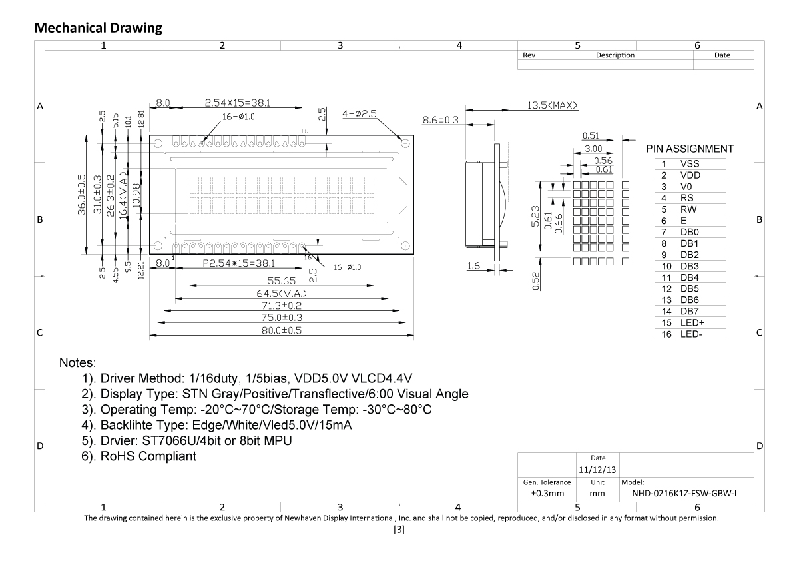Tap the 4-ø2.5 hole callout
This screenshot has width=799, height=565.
(x=360, y=114)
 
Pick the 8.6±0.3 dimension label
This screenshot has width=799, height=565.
(x=441, y=121)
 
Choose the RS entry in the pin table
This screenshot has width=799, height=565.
(x=686, y=198)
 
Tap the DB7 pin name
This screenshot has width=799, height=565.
(x=689, y=311)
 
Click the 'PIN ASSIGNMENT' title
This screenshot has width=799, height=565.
(x=690, y=149)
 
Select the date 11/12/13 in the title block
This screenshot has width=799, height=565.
(x=597, y=470)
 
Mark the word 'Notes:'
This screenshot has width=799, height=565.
(x=78, y=364)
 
